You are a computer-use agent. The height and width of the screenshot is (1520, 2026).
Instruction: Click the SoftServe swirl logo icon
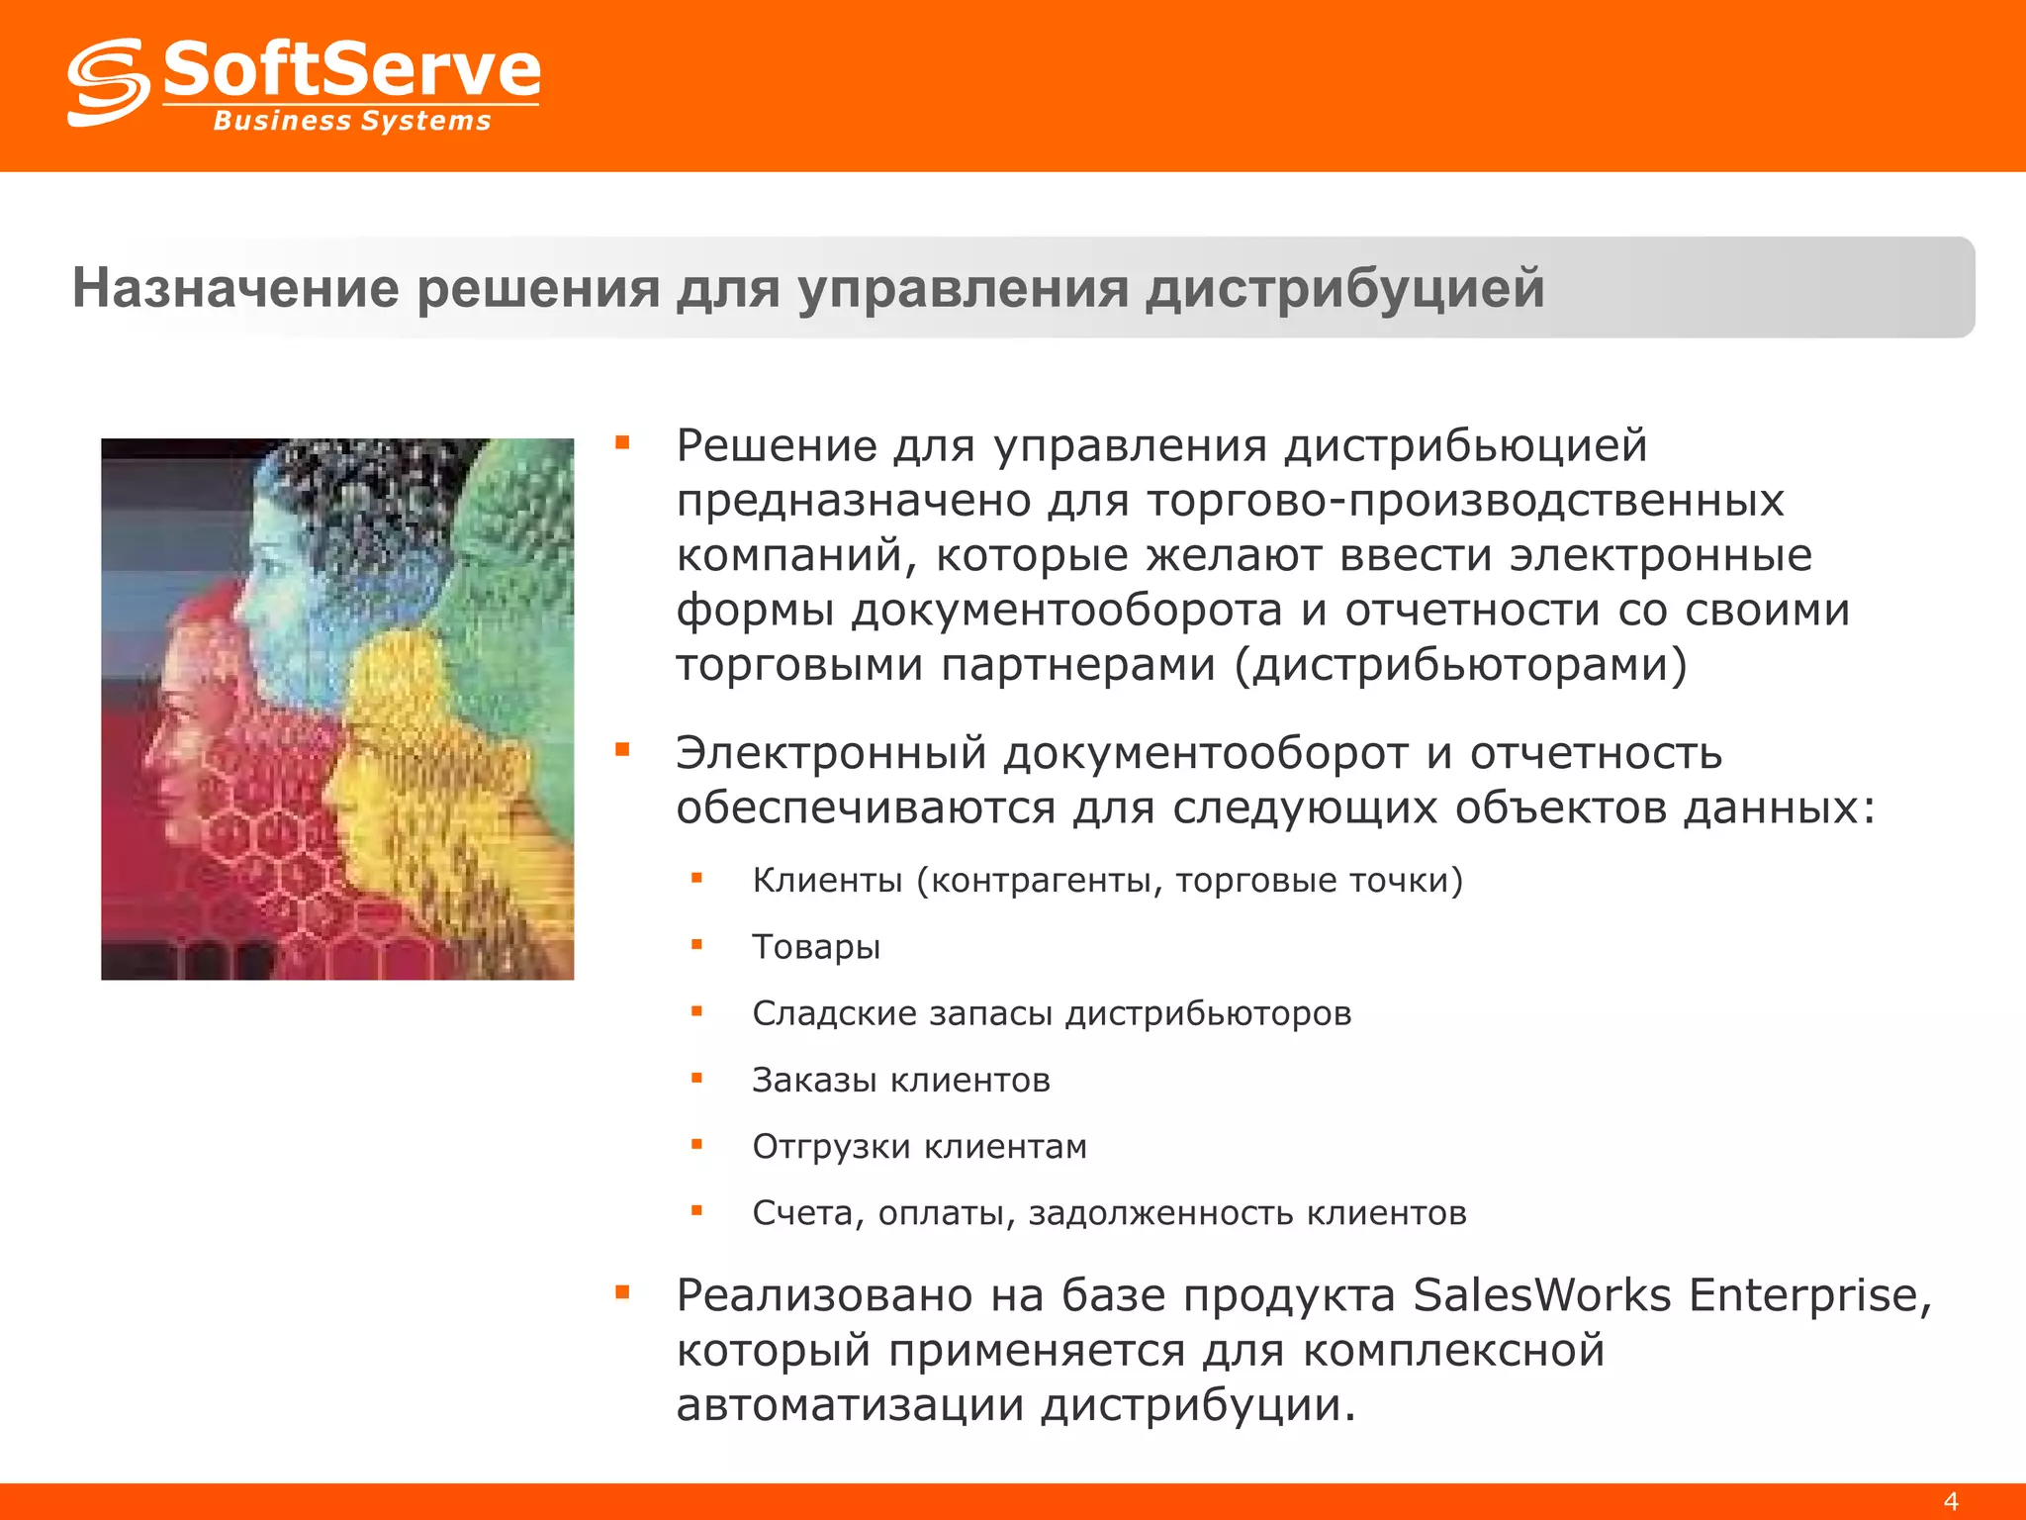[108, 83]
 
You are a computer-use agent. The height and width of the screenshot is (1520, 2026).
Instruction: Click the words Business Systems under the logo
[352, 121]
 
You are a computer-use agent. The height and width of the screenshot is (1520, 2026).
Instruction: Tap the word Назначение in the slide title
[235, 288]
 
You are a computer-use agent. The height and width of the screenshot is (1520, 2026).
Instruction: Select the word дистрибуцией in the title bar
[1344, 288]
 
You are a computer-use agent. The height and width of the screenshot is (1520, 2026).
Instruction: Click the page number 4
[1950, 1500]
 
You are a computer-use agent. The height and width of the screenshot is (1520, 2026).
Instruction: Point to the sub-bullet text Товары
[816, 947]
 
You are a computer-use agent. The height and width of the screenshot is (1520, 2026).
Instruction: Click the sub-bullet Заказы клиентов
[900, 1080]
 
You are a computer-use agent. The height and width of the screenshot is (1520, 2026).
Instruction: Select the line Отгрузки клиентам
[919, 1146]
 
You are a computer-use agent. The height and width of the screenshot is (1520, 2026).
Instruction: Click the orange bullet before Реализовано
[622, 1291]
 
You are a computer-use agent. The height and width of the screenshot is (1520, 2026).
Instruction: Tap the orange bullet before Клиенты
[696, 878]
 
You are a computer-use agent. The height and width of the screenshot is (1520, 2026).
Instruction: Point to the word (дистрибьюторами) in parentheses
[1460, 664]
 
